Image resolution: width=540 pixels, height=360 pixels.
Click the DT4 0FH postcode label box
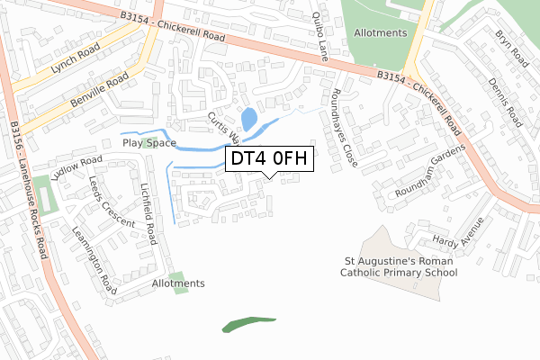click(269, 159)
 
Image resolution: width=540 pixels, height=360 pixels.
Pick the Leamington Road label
click(95, 260)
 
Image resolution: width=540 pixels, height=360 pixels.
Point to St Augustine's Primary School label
click(400, 267)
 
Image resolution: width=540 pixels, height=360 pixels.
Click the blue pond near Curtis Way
click(247, 120)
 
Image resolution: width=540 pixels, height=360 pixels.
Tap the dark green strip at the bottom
click(248, 323)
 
